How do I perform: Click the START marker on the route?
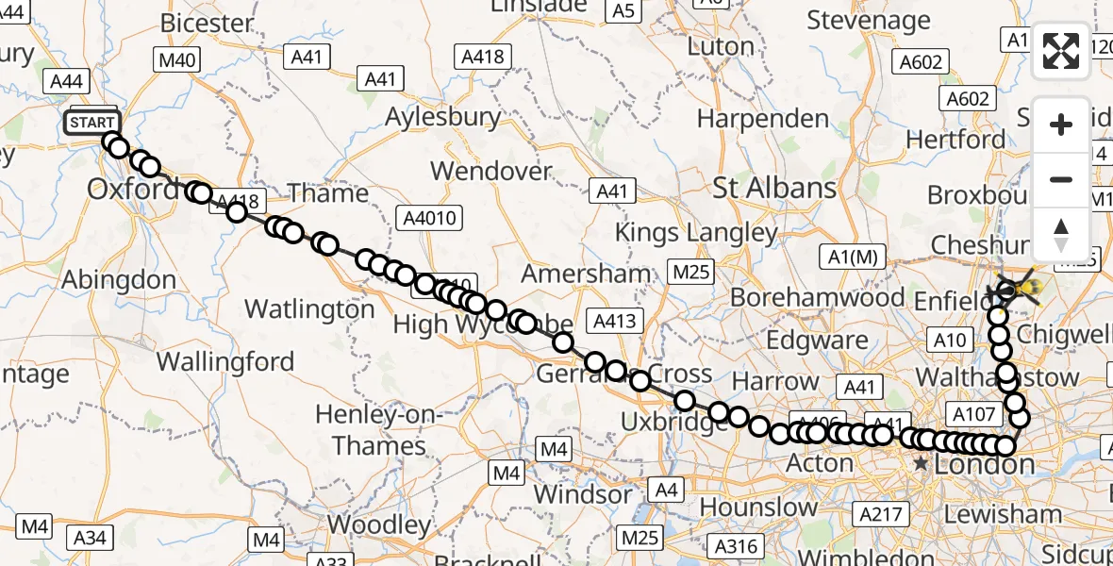[x=92, y=123]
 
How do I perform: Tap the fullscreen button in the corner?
[x=1061, y=51]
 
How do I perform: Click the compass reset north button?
[x=1061, y=233]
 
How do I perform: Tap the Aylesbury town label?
[x=442, y=117]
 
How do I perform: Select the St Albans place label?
[x=774, y=187]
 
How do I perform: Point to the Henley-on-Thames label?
[x=379, y=429]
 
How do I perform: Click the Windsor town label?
[x=583, y=493]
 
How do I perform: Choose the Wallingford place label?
[x=225, y=361]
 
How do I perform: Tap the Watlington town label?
[x=309, y=308]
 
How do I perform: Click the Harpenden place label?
[x=763, y=119]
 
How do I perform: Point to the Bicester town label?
[x=208, y=23]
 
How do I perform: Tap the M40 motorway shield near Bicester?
[x=178, y=61]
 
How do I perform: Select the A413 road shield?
[x=615, y=321]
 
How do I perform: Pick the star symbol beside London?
[x=921, y=464]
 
